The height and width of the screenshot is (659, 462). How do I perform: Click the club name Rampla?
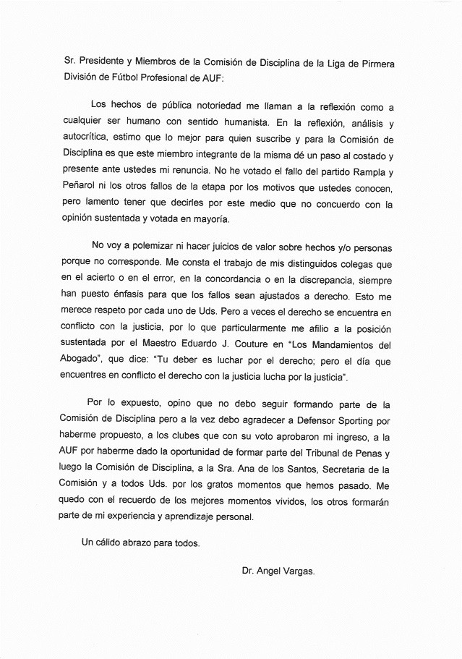tap(369, 172)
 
